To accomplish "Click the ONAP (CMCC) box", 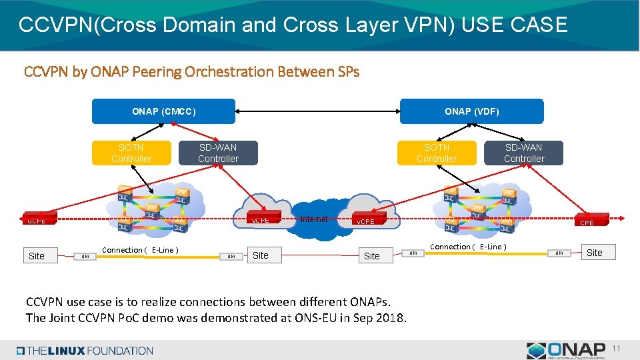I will click(163, 111).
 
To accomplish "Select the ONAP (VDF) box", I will click(471, 111).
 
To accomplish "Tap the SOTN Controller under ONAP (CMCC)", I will click(131, 153).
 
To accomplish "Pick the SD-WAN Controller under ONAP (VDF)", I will click(523, 153).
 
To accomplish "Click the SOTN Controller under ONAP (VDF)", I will click(437, 153).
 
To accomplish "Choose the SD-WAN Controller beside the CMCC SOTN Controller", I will click(218, 153).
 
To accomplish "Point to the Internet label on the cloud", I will click(313, 219).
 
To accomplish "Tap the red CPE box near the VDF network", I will click(587, 222).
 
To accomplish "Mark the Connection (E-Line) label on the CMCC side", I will click(138, 250).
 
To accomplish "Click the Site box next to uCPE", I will click(37, 255).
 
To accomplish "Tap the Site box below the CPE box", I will click(594, 252).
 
